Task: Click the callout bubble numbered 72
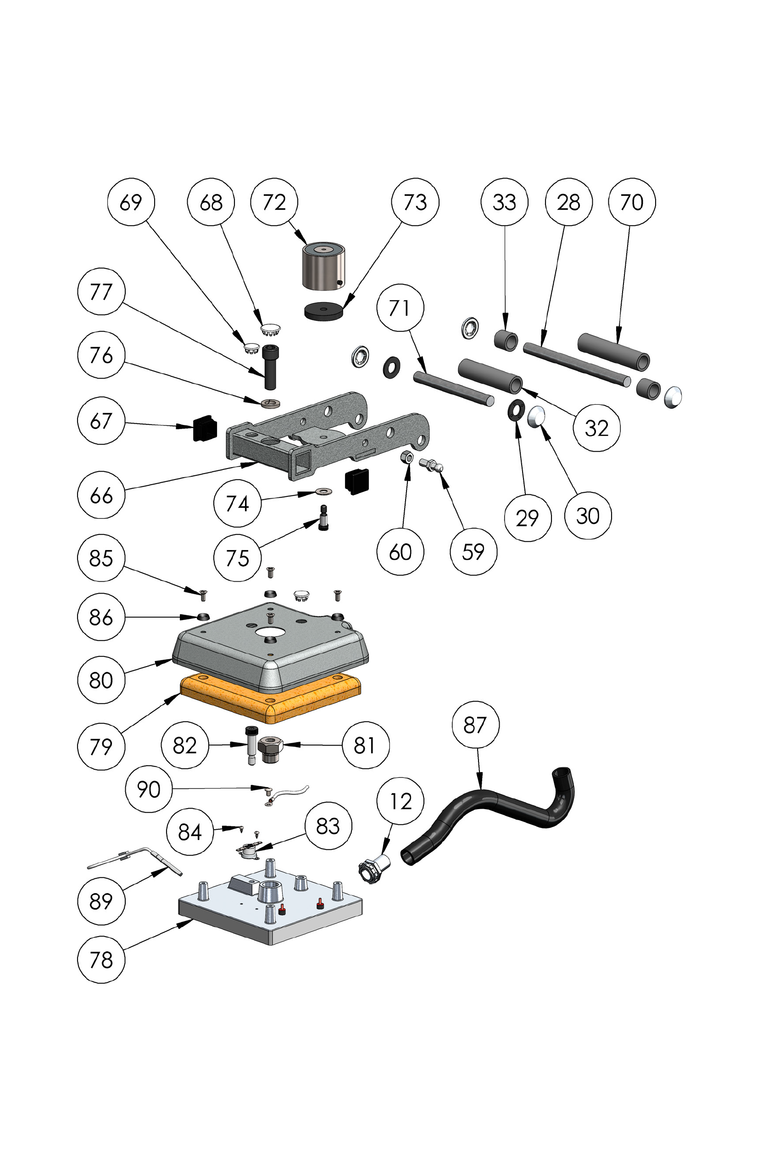pos(274,202)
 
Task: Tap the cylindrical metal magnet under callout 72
pos(323,268)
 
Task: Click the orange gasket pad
pos(270,700)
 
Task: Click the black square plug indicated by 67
pos(205,428)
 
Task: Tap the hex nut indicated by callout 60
pos(407,458)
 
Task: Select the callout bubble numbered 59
pos(473,551)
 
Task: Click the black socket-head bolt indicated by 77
pos(269,366)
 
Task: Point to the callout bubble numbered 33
pos(504,202)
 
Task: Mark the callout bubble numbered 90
pos(149,789)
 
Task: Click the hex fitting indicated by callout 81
pos(270,749)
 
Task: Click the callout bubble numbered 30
pos(588,516)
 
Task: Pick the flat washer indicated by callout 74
pos(323,491)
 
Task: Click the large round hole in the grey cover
pos(269,632)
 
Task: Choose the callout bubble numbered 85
pos(101,558)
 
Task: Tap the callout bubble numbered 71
pos(400,308)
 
